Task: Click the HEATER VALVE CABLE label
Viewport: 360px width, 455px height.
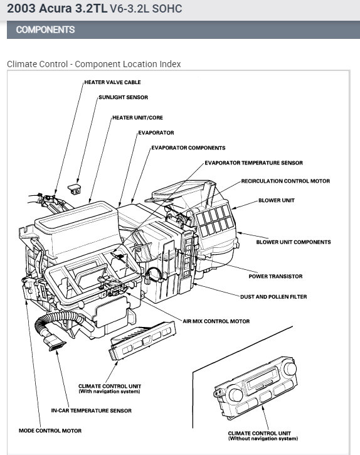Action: point(112,82)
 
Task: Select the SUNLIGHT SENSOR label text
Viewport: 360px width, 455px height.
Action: point(123,97)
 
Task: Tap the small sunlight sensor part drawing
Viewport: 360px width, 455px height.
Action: point(74,189)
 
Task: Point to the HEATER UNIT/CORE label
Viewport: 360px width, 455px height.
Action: point(137,118)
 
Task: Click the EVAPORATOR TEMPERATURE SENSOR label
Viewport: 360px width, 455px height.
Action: point(253,163)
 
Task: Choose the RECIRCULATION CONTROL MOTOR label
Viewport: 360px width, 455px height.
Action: point(285,181)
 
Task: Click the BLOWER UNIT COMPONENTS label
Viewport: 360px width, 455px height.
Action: point(294,242)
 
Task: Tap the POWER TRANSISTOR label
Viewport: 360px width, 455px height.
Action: point(275,277)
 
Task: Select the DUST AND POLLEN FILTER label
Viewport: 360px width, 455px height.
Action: point(273,297)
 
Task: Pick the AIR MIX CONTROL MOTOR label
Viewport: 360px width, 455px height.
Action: point(216,321)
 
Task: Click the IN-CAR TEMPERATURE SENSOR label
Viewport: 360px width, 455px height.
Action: point(91,411)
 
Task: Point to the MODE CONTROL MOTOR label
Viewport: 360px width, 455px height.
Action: point(50,431)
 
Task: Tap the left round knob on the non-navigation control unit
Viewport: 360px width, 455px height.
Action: point(236,395)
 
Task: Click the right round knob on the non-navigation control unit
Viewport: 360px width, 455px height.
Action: point(290,368)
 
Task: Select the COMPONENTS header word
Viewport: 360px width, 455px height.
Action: point(45,29)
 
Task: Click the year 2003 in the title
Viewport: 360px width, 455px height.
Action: point(21,8)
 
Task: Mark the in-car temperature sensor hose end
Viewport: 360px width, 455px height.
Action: point(56,345)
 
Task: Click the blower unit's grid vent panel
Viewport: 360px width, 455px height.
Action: point(214,220)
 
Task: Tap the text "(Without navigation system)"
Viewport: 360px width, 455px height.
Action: point(263,439)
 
